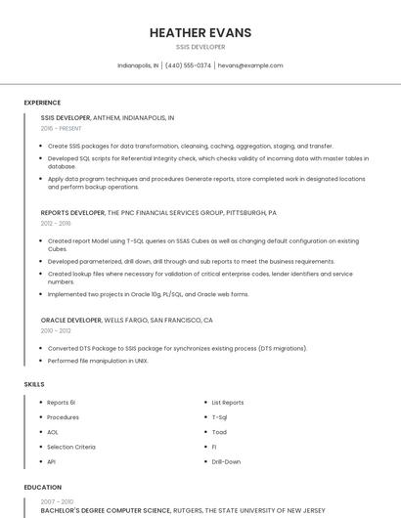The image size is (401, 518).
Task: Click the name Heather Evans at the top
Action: tap(200, 33)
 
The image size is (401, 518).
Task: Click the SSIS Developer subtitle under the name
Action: tap(200, 47)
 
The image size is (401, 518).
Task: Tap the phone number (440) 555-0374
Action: tap(188, 65)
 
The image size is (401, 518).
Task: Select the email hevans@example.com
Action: tap(250, 65)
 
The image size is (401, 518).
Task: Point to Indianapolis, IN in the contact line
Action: tap(138, 65)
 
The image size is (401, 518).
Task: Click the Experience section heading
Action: tap(42, 103)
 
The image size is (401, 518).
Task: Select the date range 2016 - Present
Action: tap(61, 128)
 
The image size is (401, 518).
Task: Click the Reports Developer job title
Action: tap(73, 212)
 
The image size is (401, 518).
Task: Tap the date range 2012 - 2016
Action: tap(56, 223)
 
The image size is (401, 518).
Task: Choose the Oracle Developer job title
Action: tap(70, 320)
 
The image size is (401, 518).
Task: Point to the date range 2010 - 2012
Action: tap(56, 330)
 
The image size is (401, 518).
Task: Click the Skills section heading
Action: tap(34, 384)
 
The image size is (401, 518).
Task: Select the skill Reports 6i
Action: tap(61, 403)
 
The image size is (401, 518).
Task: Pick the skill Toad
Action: tap(219, 432)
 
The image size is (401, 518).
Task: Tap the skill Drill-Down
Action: tap(226, 461)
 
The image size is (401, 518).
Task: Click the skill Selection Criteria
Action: tap(71, 447)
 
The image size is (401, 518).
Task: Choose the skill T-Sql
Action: tap(220, 417)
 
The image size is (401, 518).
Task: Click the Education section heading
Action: tap(42, 487)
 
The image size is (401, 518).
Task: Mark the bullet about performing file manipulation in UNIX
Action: tap(97, 361)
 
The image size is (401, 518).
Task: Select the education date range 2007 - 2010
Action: tap(56, 501)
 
